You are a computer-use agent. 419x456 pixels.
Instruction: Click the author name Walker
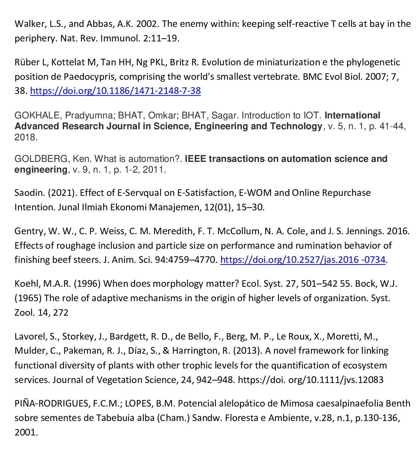click(x=27, y=24)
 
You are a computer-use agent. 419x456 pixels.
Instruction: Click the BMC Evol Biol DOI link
click(x=115, y=91)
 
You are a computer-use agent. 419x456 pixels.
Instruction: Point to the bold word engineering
click(x=41, y=170)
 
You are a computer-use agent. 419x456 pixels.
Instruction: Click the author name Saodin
click(x=29, y=193)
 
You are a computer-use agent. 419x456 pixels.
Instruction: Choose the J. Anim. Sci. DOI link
click(x=302, y=260)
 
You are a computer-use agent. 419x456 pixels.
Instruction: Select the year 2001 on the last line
click(x=26, y=432)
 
